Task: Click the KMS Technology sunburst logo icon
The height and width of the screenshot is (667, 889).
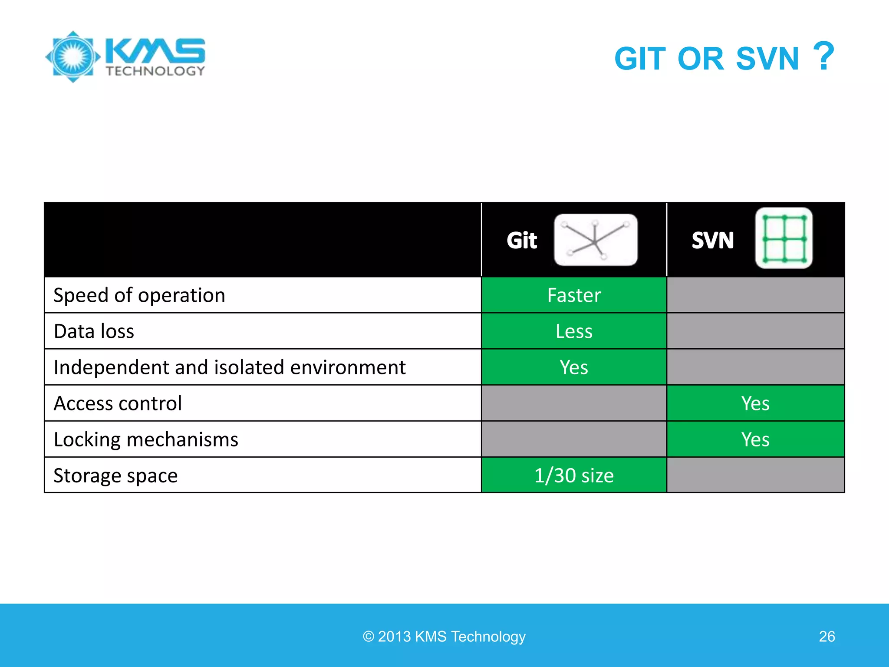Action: (73, 57)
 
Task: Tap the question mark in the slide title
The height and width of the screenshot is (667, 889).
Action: (823, 56)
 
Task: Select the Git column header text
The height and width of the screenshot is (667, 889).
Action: (522, 240)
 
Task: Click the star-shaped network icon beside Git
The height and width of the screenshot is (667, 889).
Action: (596, 240)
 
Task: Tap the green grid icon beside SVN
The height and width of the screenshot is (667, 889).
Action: (784, 238)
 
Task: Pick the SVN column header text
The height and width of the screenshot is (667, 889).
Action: (712, 240)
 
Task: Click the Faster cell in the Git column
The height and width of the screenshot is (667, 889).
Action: (574, 295)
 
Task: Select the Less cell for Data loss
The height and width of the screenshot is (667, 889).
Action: (574, 331)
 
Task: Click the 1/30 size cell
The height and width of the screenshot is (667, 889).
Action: (574, 475)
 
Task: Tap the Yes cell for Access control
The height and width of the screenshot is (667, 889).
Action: (755, 403)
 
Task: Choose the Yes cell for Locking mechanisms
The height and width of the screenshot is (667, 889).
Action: (755, 439)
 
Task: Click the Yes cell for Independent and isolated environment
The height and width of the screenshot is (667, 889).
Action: (574, 367)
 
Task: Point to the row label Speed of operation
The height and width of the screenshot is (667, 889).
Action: (139, 295)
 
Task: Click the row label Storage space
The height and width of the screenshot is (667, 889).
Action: (115, 475)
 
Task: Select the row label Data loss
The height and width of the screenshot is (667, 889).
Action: (94, 331)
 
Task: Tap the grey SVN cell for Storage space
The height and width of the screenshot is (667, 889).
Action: (755, 475)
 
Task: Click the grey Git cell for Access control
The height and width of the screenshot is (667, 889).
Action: (574, 403)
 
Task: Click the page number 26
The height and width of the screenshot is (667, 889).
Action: (826, 637)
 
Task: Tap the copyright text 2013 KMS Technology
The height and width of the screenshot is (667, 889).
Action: (444, 637)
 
